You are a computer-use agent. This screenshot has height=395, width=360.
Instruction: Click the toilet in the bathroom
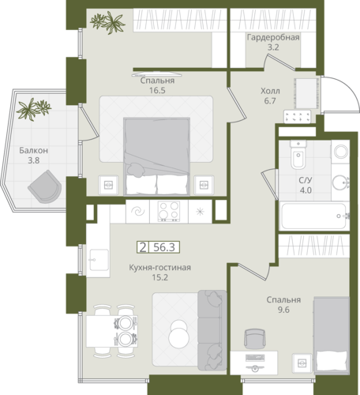[x=298, y=155]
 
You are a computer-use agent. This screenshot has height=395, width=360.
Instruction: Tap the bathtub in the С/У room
[x=314, y=216]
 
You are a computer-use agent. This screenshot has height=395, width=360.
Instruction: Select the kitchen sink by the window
[x=99, y=260]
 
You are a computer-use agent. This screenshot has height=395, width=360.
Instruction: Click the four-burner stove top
[x=169, y=211]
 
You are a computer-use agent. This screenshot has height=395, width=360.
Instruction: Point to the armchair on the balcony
[x=46, y=186]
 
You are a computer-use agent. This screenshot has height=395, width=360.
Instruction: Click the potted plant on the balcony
[x=33, y=109]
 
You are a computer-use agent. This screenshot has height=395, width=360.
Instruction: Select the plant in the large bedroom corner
[x=107, y=22]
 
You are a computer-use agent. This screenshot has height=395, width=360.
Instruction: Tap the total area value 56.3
[x=164, y=247]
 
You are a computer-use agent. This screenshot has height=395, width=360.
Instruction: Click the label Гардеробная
[x=273, y=37]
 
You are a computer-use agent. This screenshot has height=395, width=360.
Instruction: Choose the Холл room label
[x=270, y=91]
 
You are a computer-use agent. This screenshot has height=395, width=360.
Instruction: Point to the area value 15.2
[x=160, y=277]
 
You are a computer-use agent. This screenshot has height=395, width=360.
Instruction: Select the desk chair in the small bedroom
[x=255, y=339]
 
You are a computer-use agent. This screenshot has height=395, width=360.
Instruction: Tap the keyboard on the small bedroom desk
[x=255, y=358]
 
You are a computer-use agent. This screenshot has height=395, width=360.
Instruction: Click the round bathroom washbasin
[x=340, y=182]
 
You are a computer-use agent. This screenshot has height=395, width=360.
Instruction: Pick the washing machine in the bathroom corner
[x=340, y=151]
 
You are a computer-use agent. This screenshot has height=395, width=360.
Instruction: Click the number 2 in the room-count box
[x=143, y=247]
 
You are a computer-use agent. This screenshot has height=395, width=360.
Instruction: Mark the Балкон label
[x=34, y=150]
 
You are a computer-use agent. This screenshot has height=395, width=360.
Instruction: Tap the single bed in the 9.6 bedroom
[x=332, y=335]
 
